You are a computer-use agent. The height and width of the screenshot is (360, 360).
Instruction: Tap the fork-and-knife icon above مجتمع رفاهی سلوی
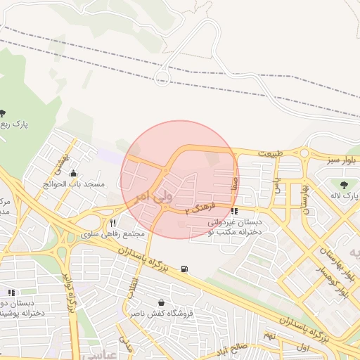point(112,223)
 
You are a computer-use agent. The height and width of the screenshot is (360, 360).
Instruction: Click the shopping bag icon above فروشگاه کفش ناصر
point(162,303)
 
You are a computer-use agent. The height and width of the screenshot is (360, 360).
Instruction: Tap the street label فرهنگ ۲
point(196,209)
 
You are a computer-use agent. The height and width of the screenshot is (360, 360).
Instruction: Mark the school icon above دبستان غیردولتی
point(234,211)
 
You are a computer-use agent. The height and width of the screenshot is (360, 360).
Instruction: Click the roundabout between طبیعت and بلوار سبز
point(304,152)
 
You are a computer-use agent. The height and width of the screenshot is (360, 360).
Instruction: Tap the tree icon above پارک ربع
point(4,113)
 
